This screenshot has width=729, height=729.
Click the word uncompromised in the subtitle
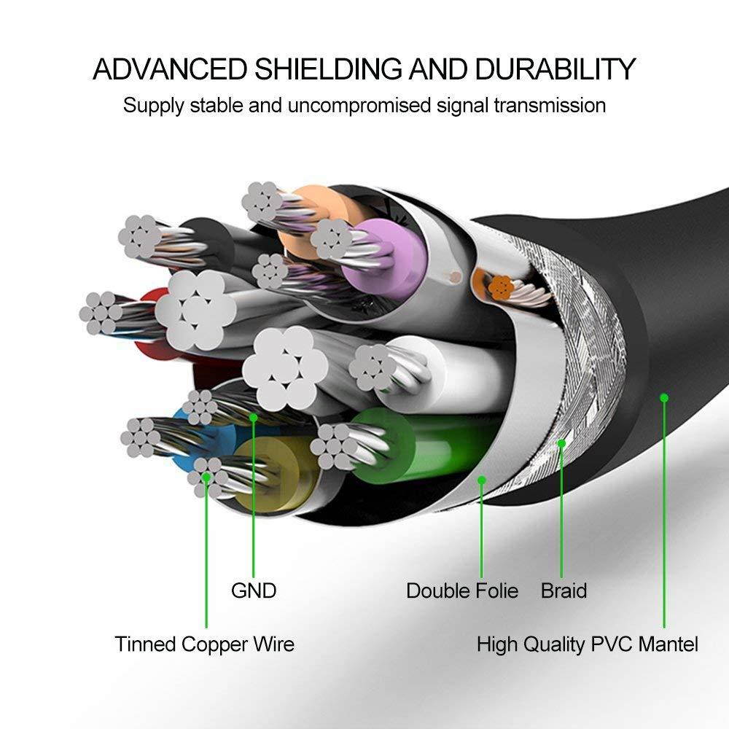(359, 105)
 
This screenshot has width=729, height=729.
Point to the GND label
(254, 590)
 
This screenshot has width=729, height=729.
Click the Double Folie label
(462, 590)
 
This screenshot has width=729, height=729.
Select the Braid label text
(564, 590)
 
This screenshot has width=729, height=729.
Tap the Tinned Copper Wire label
(204, 644)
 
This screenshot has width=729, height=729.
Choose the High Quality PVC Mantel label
(587, 644)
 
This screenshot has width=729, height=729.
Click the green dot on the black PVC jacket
(664, 397)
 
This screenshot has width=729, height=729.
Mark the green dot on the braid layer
(561, 443)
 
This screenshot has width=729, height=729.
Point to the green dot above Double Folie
(482, 479)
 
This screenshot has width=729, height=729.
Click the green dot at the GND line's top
(254, 418)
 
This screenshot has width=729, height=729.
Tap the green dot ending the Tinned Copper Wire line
(206, 477)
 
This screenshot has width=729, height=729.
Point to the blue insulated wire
(182, 437)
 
